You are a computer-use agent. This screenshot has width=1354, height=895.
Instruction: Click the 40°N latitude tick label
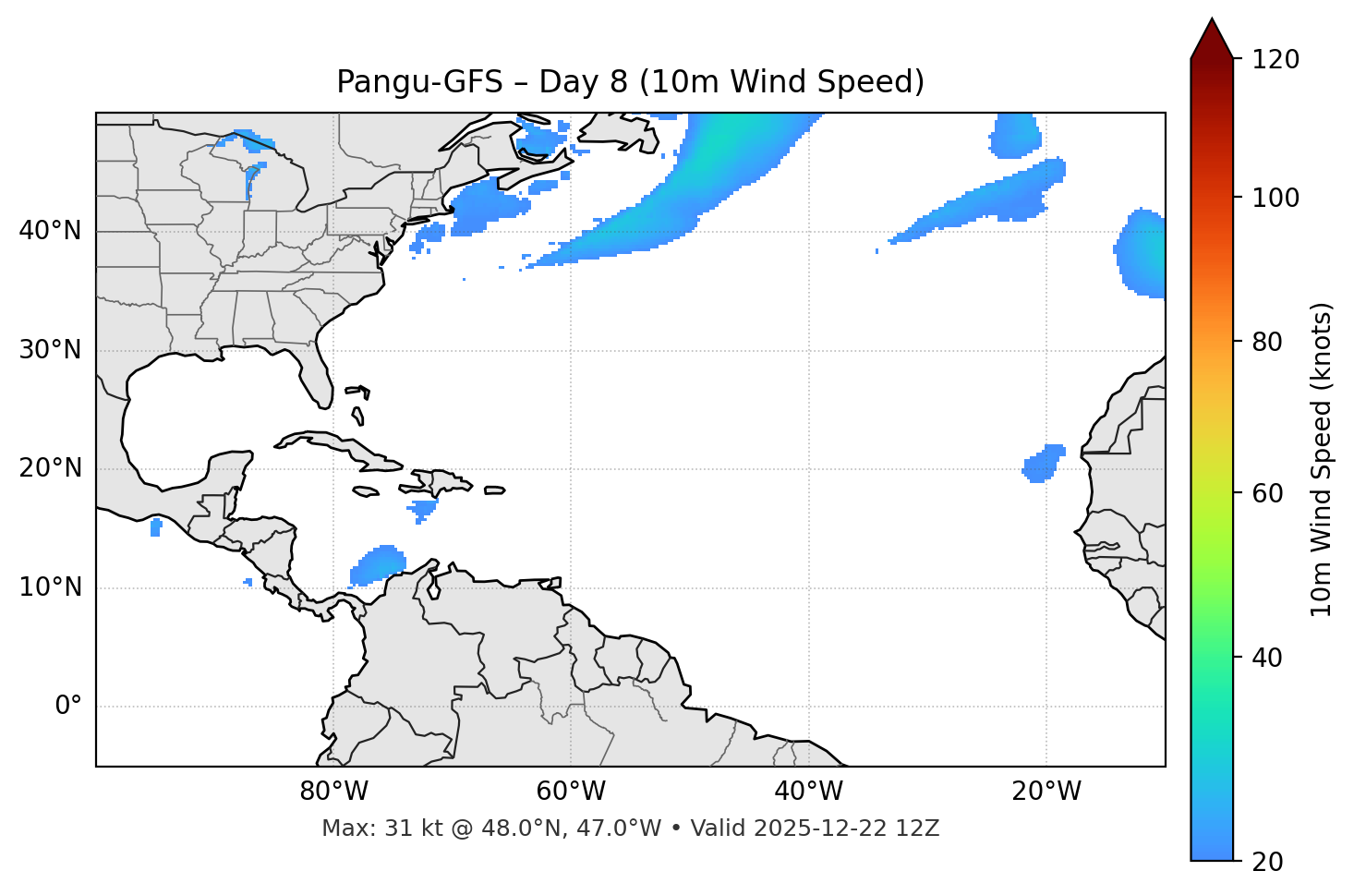tap(50, 230)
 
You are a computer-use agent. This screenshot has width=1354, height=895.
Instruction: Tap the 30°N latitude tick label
tap(50, 350)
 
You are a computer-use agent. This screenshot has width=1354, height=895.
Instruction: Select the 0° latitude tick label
tap(67, 707)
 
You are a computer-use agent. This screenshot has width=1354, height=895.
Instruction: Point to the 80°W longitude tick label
tap(333, 792)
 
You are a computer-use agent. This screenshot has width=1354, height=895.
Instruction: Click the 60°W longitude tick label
tap(571, 792)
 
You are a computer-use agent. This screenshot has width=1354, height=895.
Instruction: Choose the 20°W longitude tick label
tap(1046, 792)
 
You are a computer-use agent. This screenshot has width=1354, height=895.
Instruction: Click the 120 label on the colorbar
tap(1275, 59)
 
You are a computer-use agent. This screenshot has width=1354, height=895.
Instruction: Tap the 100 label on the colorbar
tap(1275, 198)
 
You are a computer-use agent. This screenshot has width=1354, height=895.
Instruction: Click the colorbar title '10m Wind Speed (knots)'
tap(1322, 459)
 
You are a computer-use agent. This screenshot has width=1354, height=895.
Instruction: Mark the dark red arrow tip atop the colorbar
tap(1211, 35)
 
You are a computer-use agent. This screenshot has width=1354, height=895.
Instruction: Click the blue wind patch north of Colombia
tap(379, 565)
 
